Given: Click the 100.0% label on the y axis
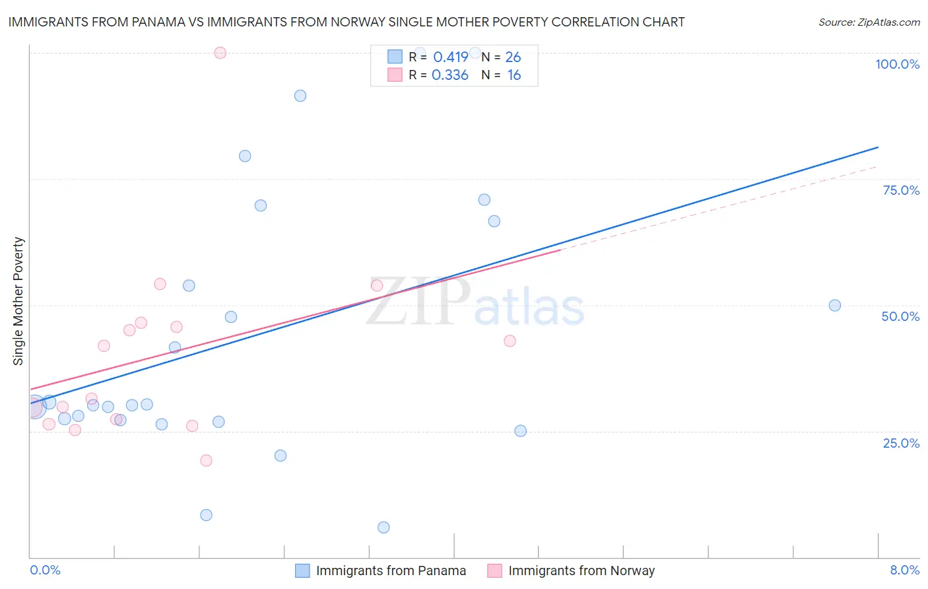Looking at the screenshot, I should pyautogui.click(x=897, y=64).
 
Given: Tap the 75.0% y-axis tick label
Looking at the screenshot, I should pyautogui.click(x=901, y=190).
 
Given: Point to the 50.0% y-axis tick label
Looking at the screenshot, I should pyautogui.click(x=900, y=316).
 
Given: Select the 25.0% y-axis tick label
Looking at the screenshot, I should pyautogui.click(x=901, y=442).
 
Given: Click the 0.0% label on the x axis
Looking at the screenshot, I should pyautogui.click(x=45, y=570).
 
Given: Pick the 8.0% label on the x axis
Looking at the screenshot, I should pyautogui.click(x=904, y=570).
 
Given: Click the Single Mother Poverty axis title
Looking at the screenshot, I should pyautogui.click(x=18, y=301).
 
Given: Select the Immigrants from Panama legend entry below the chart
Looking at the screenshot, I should pyautogui.click(x=390, y=571).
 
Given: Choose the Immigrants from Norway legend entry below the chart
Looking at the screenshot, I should pyautogui.click(x=581, y=571).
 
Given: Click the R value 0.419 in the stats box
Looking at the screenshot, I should pyautogui.click(x=451, y=57).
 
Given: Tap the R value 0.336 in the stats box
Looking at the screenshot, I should pyautogui.click(x=450, y=75).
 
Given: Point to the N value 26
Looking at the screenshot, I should pyautogui.click(x=513, y=57).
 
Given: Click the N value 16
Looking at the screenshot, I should pyautogui.click(x=514, y=75).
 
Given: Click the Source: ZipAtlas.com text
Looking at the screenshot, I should pyautogui.click(x=869, y=22).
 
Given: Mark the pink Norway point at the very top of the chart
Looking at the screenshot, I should pyautogui.click(x=220, y=53).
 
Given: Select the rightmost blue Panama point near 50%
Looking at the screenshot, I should pyautogui.click(x=835, y=305).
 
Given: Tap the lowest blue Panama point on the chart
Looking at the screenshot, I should pyautogui.click(x=383, y=527).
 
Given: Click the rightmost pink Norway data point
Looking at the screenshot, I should pyautogui.click(x=510, y=341).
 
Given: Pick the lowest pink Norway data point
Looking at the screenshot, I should pyautogui.click(x=206, y=460).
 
